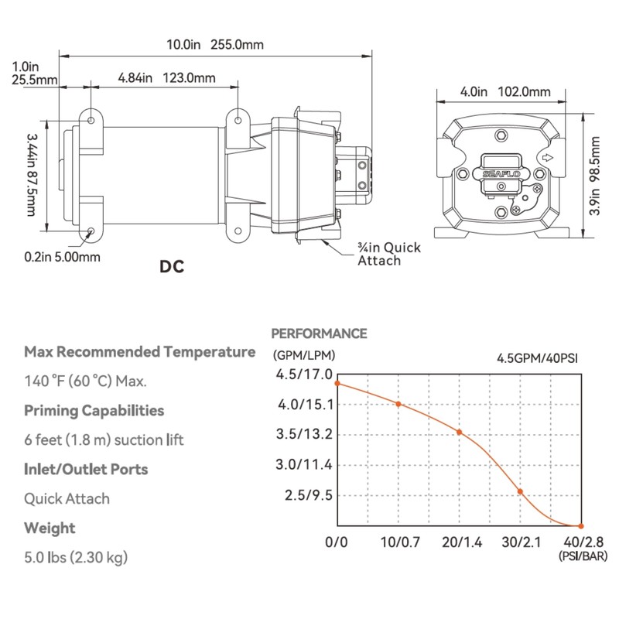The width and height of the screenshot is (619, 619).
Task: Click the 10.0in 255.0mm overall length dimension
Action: coord(215,44)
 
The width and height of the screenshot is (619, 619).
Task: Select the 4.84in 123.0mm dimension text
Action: coord(166,78)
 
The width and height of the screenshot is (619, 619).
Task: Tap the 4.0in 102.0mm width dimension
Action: coord(505,91)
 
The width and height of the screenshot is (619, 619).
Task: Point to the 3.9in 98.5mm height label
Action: coord(594,176)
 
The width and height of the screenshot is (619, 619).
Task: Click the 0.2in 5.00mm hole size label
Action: coord(62,257)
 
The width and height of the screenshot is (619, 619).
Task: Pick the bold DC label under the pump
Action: coord(172,266)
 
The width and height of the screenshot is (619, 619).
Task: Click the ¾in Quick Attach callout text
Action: coord(389,254)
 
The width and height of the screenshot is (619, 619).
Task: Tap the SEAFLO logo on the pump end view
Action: coord(501,174)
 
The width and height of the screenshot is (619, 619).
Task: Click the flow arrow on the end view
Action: coord(547,158)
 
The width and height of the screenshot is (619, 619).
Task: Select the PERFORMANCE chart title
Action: coord(319,333)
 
